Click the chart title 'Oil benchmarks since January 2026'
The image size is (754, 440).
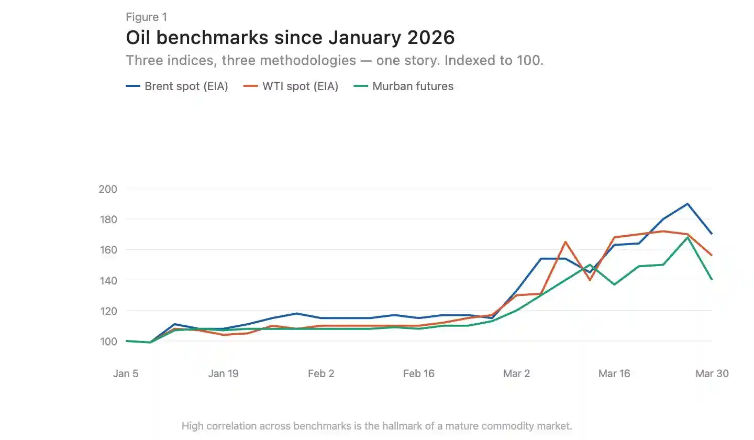(290, 38)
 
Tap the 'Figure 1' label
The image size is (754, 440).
(146, 17)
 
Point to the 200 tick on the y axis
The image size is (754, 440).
(108, 189)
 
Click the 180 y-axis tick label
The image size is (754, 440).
(108, 219)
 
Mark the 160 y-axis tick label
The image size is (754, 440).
(108, 250)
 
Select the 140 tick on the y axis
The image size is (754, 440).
(108, 280)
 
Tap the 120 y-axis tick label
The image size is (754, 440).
(108, 311)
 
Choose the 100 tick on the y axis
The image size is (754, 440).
(108, 341)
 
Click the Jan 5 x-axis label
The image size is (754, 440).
(126, 373)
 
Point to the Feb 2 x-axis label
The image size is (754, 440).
(321, 373)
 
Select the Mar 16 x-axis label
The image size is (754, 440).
(614, 373)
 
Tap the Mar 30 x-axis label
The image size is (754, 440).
(712, 373)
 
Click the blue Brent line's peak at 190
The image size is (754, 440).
(688, 204)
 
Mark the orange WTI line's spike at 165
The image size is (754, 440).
(565, 241)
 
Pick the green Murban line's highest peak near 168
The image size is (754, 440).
(688, 237)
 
